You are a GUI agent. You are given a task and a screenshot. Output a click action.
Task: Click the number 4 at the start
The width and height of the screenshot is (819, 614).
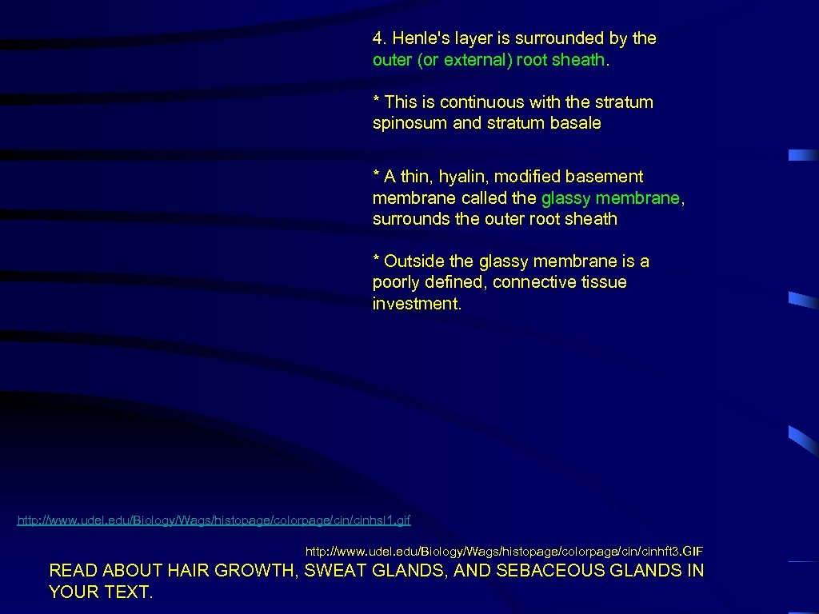click(378, 38)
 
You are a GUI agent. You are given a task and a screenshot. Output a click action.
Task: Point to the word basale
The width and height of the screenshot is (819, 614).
click(577, 123)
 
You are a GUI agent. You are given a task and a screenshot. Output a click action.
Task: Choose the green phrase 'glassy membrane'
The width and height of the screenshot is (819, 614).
click(610, 197)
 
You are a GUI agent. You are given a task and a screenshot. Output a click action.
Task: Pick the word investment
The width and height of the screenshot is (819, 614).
click(417, 304)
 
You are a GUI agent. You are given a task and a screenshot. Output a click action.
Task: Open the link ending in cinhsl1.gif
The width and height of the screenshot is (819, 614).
click(214, 520)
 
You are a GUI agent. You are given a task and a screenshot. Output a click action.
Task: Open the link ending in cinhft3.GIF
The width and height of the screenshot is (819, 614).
click(504, 552)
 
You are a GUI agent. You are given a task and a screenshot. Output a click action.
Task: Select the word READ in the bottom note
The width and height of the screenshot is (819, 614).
click(74, 571)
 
